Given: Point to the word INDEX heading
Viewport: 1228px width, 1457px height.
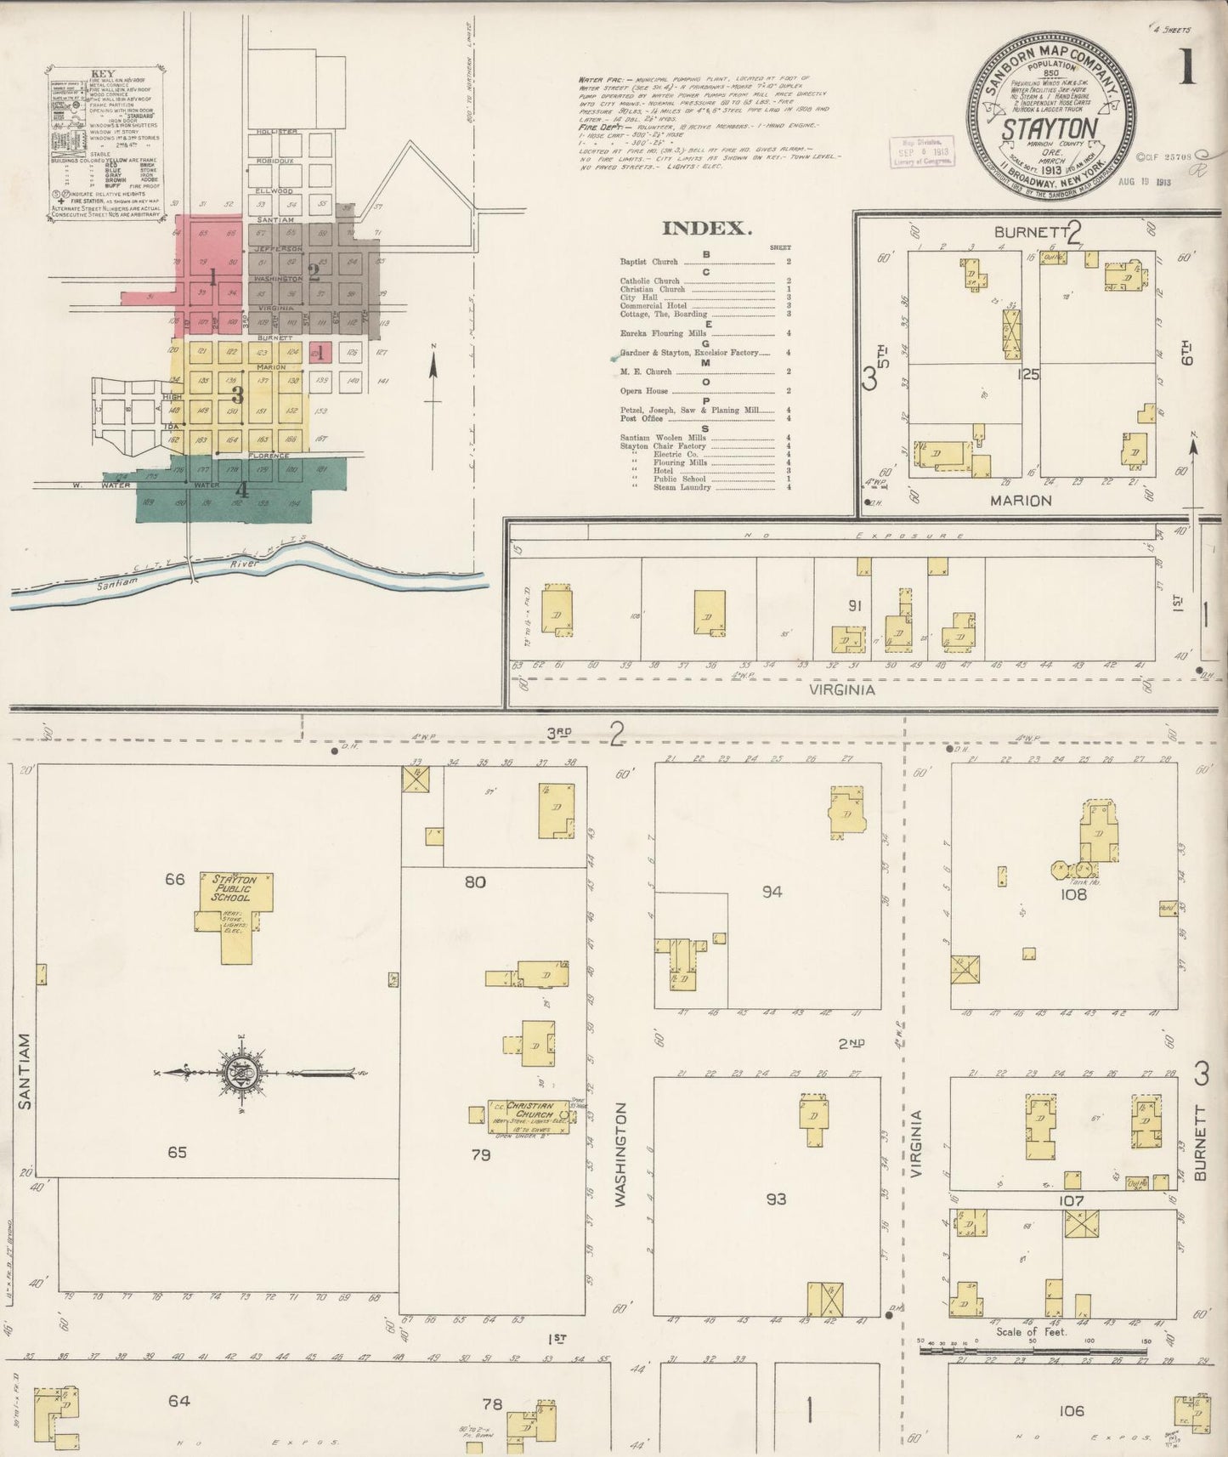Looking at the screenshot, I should point(706,228).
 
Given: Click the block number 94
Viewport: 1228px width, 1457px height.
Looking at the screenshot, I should point(772,892).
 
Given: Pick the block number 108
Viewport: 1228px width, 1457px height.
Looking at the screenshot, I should point(1074,894).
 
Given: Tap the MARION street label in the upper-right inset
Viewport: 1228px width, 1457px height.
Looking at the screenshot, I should point(1021,501).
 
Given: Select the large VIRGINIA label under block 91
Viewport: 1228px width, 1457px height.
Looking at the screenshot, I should point(841,690).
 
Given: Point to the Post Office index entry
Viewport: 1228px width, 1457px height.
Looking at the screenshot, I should point(641,418).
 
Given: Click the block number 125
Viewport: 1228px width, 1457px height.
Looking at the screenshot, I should point(1030,373).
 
